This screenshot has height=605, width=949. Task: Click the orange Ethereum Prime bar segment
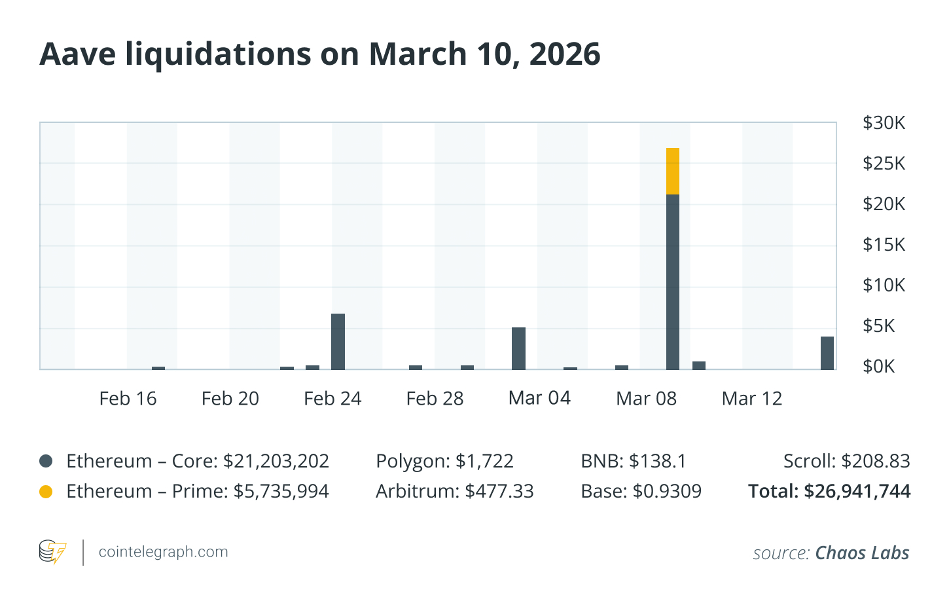point(673,172)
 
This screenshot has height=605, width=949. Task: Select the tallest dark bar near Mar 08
point(673,282)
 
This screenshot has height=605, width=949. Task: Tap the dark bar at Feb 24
point(338,342)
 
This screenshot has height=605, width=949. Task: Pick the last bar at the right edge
point(827,353)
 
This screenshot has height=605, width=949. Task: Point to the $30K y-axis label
point(884,123)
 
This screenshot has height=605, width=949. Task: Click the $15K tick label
point(884,245)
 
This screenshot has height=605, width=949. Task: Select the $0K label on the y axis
point(878,366)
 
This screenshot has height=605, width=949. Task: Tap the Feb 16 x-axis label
point(128,399)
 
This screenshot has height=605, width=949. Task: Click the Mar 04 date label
point(539,398)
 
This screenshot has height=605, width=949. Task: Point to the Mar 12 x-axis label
point(752,399)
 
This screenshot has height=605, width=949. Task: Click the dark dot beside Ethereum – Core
point(46,461)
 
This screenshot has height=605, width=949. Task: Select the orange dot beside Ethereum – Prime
point(46,491)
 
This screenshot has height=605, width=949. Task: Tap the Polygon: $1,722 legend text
point(444,461)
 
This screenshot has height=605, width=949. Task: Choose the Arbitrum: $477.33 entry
point(454,491)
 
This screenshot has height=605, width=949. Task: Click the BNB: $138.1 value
point(633,461)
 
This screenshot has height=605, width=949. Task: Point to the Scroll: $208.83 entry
point(846,461)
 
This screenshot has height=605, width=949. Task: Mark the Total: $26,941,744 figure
point(829,491)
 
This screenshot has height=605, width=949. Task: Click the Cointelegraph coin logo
point(52,552)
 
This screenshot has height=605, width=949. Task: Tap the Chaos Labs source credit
point(862,553)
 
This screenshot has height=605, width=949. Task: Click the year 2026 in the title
point(565,54)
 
